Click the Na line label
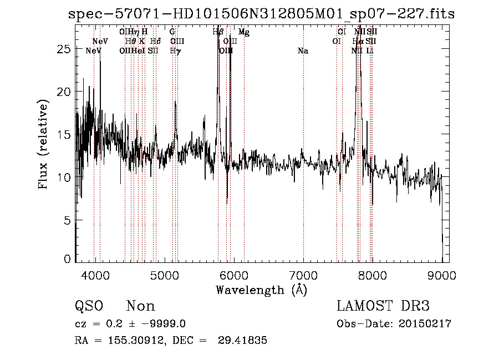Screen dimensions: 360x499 [303, 51]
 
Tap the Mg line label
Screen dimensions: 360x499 [244, 32]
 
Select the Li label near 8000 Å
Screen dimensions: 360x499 [370, 51]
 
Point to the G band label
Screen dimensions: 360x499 [172, 32]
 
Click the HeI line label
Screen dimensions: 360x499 [138, 51]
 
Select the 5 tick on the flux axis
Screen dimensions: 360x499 [67, 221]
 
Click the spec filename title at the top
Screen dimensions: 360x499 [261, 14]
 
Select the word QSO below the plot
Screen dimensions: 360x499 [89, 306]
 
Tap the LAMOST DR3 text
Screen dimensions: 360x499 [383, 306]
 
